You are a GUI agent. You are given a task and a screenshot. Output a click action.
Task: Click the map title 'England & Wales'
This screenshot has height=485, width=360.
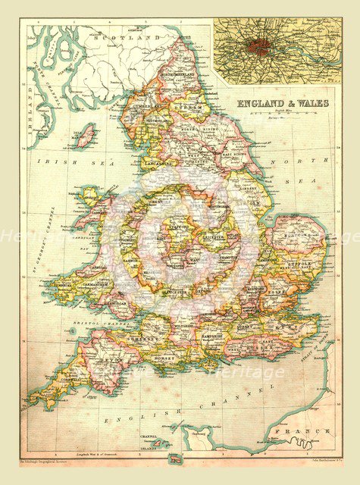click(x=283, y=103)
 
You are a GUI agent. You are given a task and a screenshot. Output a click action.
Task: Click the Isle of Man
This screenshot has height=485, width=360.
click(x=86, y=136)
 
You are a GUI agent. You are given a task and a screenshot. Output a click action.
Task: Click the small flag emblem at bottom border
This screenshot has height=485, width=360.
click(x=177, y=457)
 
